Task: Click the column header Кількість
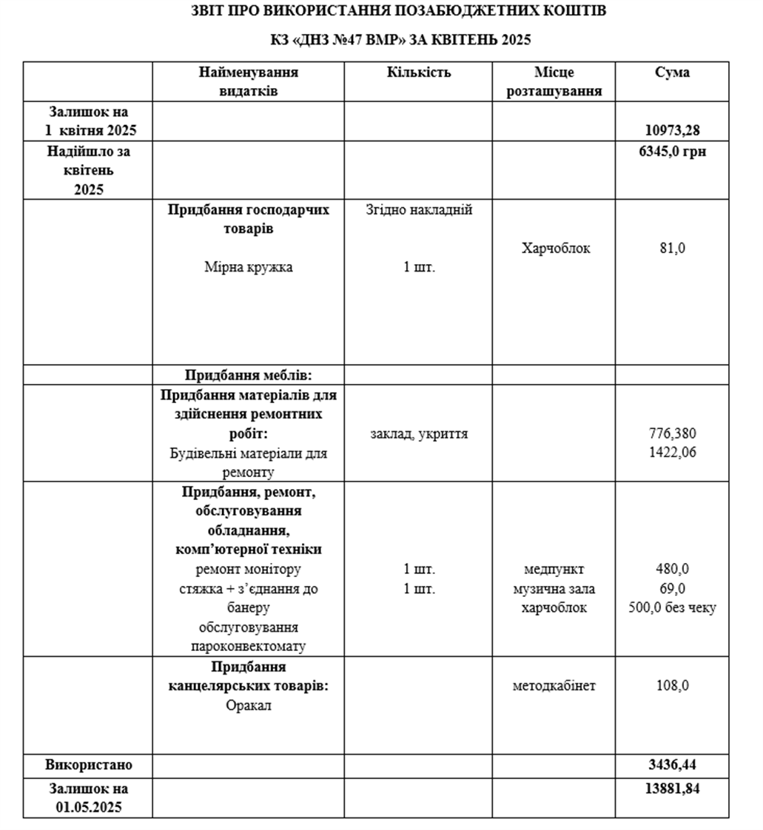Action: coord(418,72)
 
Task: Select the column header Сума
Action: coord(672,72)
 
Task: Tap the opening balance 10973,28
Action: coord(672,131)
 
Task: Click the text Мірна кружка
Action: coord(249,267)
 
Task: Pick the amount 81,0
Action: coord(672,249)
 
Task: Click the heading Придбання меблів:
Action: coord(249,375)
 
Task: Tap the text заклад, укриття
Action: coord(419,433)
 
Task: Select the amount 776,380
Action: coord(672,433)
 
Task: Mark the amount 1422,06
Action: coord(672,452)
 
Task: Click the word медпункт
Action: coord(554,570)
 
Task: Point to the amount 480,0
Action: coord(672,570)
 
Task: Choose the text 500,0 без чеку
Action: coord(672,608)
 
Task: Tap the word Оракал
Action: coord(249,705)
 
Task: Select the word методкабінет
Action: coord(554,686)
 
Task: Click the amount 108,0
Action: coord(672,686)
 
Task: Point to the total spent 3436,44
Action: coord(672,764)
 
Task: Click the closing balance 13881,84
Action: coord(672,788)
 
